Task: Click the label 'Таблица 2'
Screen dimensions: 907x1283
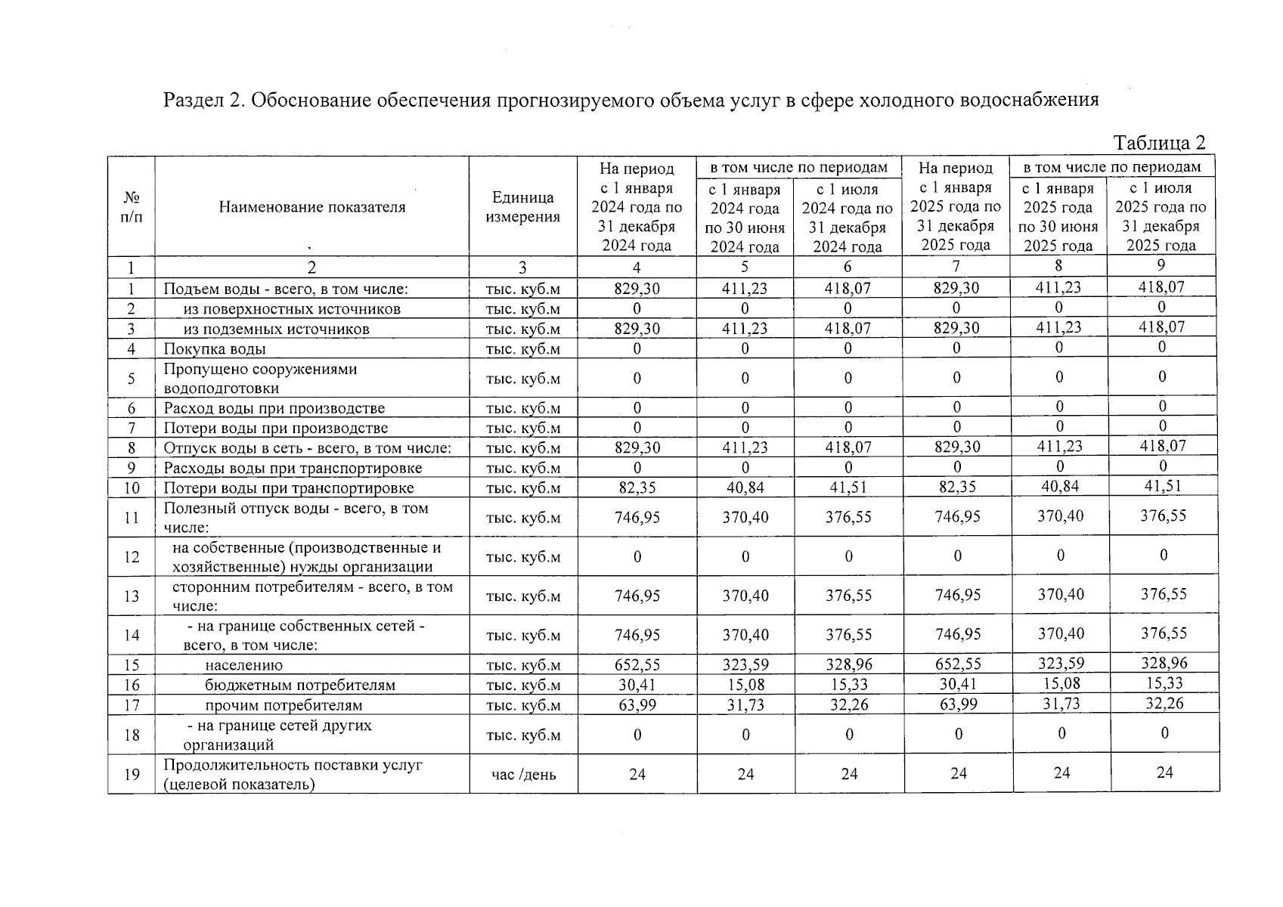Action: [1159, 143]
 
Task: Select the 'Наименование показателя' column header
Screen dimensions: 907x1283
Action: [311, 207]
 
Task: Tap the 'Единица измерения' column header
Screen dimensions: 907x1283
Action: [522, 207]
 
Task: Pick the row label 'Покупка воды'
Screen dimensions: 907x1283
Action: [215, 348]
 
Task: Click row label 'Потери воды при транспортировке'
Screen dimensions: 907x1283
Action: [288, 488]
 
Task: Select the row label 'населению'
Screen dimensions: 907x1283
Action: [243, 665]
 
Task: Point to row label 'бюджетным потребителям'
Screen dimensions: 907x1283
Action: [299, 685]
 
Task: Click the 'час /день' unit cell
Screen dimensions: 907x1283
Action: [523, 774]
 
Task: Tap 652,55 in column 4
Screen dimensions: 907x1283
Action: [637, 665]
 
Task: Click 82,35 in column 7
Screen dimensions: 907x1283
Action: [956, 488]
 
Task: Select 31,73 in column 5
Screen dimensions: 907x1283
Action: [745, 704]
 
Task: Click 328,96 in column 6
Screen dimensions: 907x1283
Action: [848, 665]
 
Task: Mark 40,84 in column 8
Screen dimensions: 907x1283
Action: [1060, 487]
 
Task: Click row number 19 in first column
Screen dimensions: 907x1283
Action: [132, 774]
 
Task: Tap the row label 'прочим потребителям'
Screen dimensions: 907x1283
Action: [284, 705]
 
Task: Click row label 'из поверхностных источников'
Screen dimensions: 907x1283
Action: [292, 308]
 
